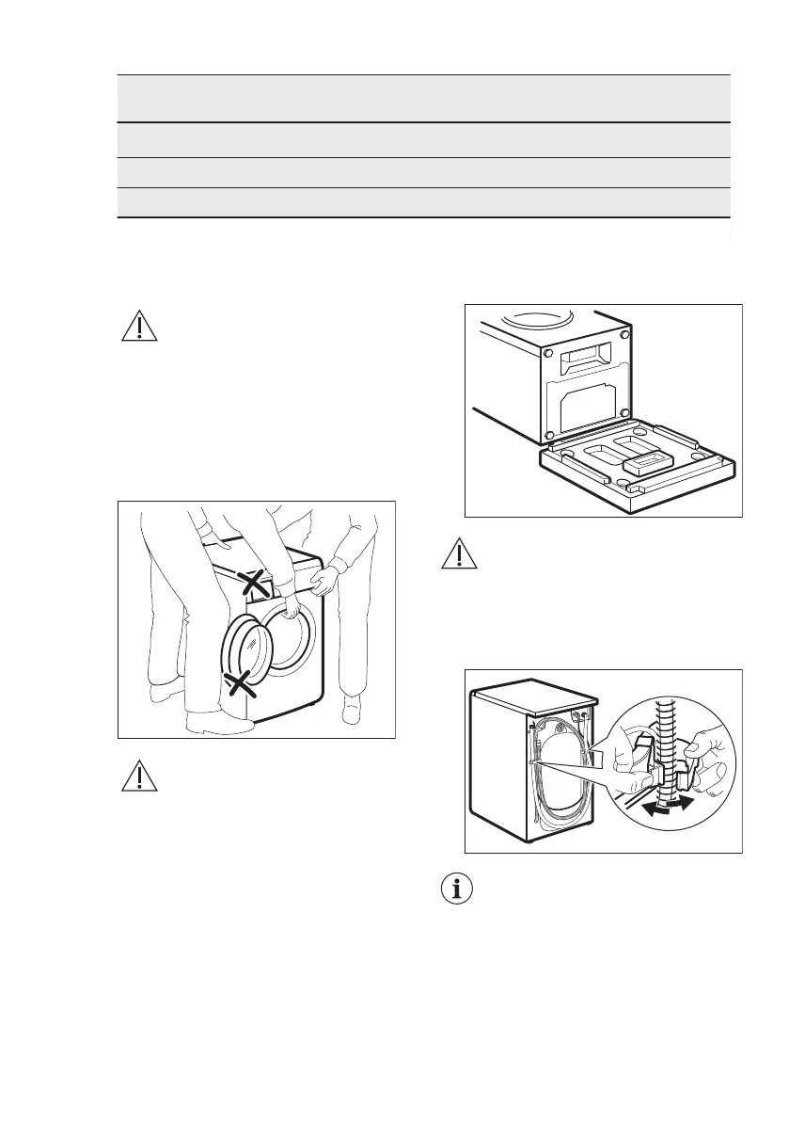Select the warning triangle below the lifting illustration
tap(138, 774)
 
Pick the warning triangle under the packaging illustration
tap(458, 556)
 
